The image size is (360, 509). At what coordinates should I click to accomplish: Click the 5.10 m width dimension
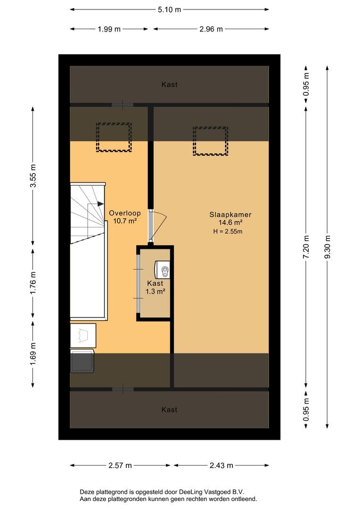[x=169, y=10]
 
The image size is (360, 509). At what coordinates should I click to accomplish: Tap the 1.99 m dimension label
[x=109, y=29]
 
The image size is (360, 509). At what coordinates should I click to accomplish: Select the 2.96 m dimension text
[x=211, y=29]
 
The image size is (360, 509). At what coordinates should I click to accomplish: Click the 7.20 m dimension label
[x=306, y=246]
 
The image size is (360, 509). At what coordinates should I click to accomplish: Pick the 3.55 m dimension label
[x=33, y=176]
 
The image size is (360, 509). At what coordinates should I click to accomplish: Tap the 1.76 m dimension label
[x=33, y=283]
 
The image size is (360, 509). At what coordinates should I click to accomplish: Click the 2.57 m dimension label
[x=120, y=466]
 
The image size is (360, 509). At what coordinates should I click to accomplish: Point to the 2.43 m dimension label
[x=221, y=466]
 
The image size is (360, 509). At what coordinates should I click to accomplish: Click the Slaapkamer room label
[x=230, y=214]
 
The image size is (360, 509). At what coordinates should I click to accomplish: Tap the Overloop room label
[x=125, y=213]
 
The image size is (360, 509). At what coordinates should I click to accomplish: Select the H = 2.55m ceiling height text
[x=228, y=231]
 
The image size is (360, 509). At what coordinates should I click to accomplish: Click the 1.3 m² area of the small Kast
[x=155, y=292]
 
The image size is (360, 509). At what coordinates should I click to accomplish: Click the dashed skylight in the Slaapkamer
[x=211, y=141]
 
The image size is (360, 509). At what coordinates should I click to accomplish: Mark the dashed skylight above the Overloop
[x=114, y=137]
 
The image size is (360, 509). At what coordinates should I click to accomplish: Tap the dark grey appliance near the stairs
[x=82, y=361]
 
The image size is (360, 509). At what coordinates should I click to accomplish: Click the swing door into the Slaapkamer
[x=157, y=226]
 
